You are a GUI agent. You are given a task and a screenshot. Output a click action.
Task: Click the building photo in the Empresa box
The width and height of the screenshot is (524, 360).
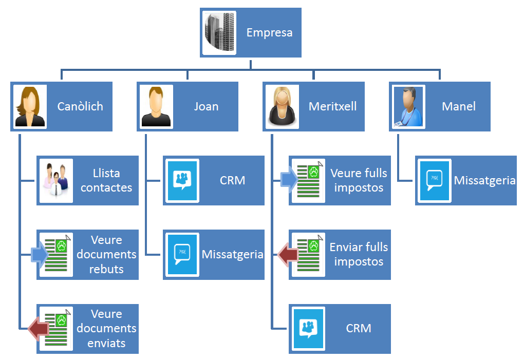[x=219, y=32]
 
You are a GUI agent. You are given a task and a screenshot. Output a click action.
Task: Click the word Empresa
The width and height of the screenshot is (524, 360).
[x=269, y=33]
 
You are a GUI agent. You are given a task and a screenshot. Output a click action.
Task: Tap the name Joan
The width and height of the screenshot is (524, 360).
[x=206, y=107]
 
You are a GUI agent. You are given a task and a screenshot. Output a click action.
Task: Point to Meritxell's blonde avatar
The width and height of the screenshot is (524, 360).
[x=282, y=107]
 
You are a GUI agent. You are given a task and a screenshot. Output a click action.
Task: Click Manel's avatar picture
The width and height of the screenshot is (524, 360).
[x=408, y=107]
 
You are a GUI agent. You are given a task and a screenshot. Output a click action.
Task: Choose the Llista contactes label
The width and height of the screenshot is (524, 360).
[x=106, y=180]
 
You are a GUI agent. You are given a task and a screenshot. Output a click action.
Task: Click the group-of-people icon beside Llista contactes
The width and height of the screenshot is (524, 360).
[x=56, y=180]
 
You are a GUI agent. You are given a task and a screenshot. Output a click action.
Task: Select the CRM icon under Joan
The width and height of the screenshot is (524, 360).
[x=182, y=180]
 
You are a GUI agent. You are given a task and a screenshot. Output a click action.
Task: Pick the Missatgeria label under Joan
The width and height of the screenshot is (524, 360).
[x=232, y=254]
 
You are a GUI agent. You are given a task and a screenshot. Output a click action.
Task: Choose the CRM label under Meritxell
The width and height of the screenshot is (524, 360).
[x=359, y=328]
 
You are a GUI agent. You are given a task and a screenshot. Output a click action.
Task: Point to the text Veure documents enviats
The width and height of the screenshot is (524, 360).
[x=106, y=328]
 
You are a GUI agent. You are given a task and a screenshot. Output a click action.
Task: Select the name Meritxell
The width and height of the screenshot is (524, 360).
[x=332, y=107]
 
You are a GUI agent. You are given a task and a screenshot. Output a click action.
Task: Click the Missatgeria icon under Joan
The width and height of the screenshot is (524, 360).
[x=182, y=254]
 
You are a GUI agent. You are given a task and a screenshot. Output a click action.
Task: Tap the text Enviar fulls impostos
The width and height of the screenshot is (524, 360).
[x=359, y=254]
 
